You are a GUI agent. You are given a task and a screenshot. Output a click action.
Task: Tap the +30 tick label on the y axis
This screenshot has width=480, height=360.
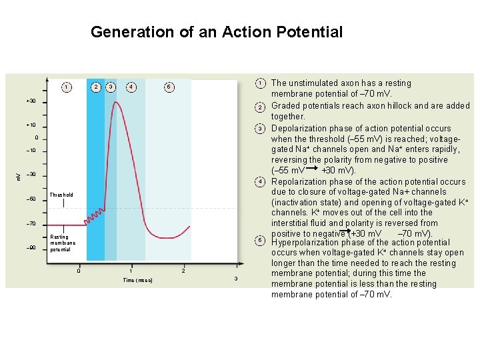point(31,101)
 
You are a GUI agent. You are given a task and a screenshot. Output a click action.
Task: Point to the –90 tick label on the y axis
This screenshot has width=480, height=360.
point(31,248)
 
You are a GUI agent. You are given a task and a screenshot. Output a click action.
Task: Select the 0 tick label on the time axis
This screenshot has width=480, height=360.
point(79,271)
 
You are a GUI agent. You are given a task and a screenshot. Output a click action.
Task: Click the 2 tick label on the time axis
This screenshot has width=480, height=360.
point(183,271)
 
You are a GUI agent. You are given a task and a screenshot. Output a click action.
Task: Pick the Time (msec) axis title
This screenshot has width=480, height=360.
point(138,281)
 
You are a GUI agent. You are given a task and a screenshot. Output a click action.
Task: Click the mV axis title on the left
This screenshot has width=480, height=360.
point(18,175)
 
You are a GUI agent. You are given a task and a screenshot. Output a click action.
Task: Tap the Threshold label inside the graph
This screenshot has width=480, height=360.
point(61,195)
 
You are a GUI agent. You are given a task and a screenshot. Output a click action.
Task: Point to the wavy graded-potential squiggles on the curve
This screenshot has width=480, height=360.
point(97,217)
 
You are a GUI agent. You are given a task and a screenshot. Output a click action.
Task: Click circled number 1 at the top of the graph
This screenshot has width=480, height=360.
point(66,87)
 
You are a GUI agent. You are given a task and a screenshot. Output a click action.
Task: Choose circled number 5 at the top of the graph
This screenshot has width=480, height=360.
point(169,87)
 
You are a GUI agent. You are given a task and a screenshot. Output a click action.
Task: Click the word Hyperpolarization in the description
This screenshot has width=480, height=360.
point(311,243)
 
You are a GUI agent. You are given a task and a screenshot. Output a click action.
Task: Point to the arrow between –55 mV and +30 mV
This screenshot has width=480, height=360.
point(311,171)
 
